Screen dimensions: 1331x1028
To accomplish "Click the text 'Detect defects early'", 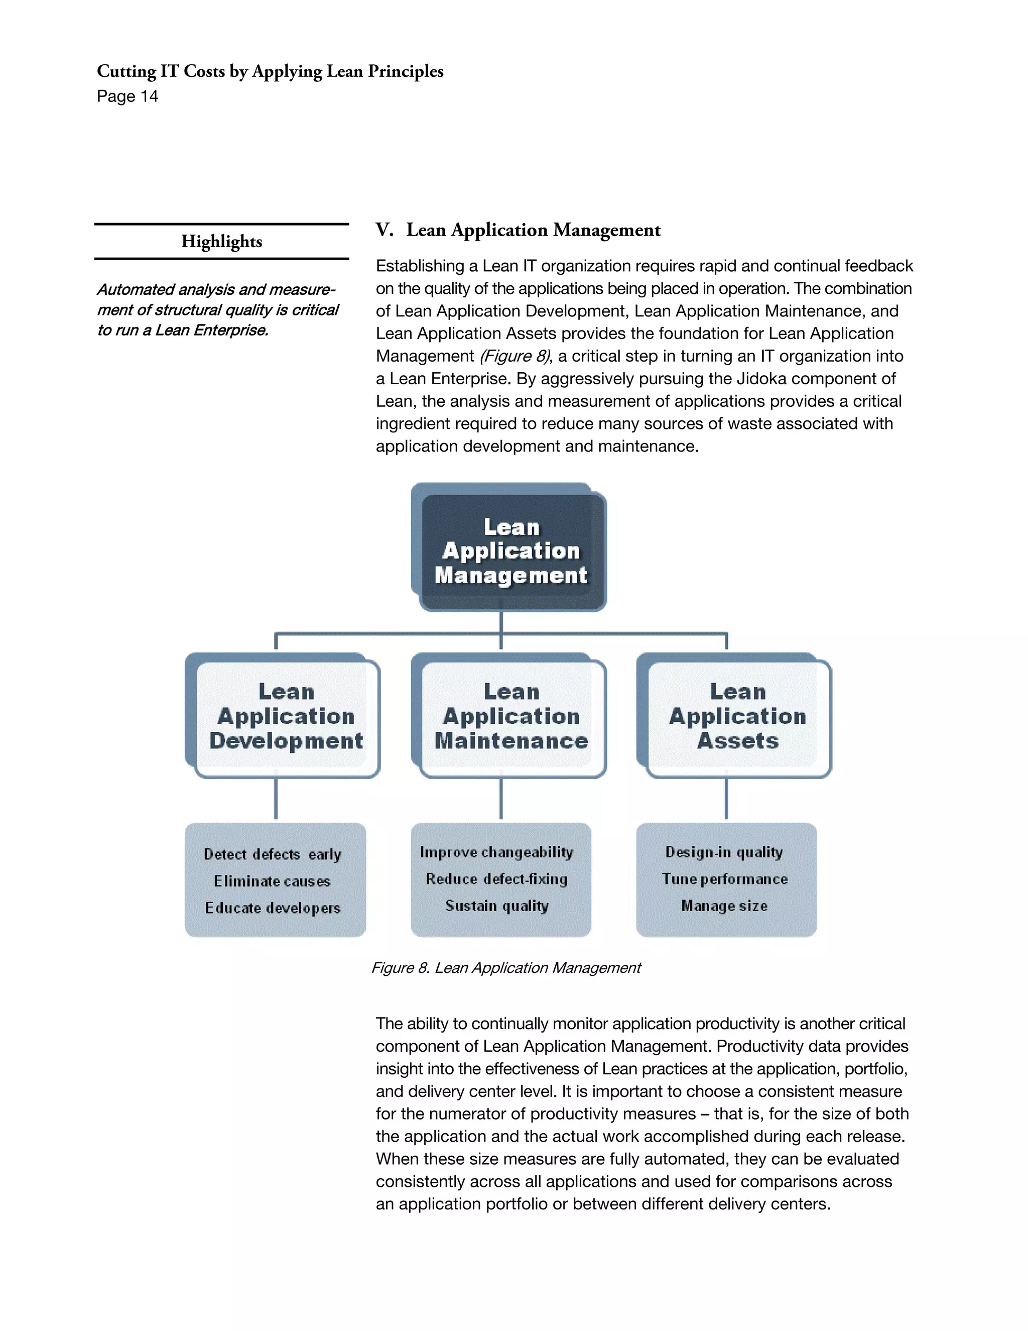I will click(x=272, y=854).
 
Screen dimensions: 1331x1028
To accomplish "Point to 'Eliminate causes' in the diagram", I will click(x=272, y=881).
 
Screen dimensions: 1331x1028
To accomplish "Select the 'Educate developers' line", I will click(x=272, y=908).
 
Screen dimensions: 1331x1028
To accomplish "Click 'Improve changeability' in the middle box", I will click(x=496, y=852).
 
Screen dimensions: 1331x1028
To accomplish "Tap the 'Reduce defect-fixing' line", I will click(x=496, y=879).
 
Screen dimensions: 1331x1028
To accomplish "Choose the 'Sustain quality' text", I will click(x=496, y=906).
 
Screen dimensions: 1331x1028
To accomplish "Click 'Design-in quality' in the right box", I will click(x=723, y=852).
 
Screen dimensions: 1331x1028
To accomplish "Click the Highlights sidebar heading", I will click(x=222, y=241).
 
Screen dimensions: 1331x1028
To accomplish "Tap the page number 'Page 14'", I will click(x=127, y=96).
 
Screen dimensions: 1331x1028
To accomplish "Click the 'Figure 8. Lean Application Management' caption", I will click(x=506, y=968).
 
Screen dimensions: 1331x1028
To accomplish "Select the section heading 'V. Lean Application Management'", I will click(x=518, y=230).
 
